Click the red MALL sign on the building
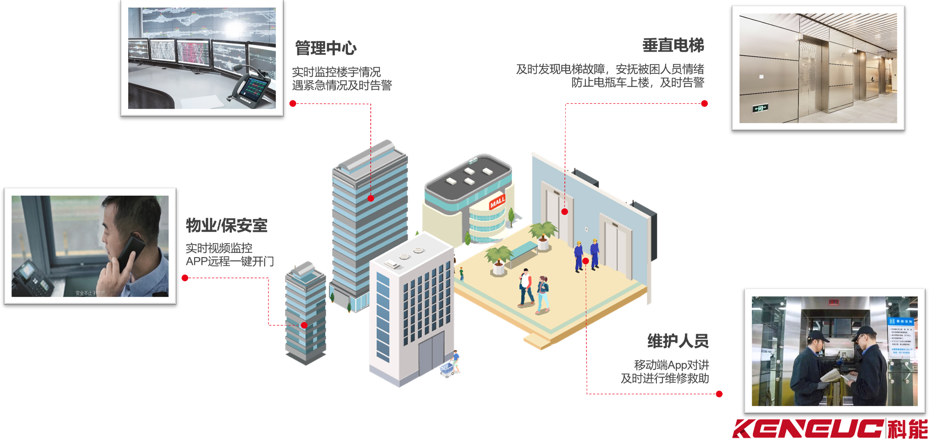coord(497,202)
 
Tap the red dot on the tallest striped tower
coord(371,198)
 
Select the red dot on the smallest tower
coord(304,325)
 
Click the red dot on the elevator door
coord(564,211)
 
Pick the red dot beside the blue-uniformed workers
coord(586,261)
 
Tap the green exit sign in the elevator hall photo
coord(760,108)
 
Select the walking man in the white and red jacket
coord(525,287)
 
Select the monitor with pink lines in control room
coord(194,54)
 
